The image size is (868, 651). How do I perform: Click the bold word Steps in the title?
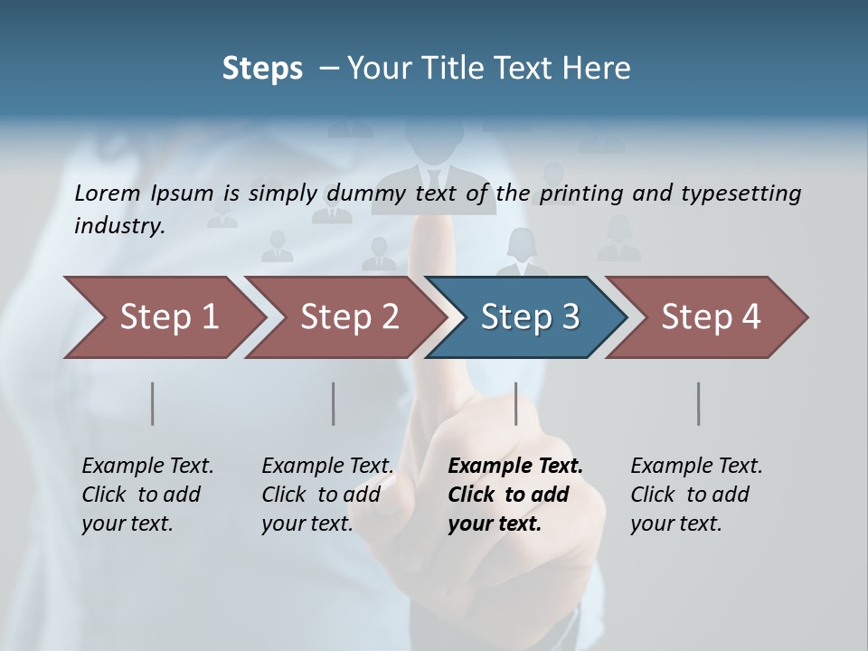click(262, 69)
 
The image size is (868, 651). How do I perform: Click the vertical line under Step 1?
click(153, 403)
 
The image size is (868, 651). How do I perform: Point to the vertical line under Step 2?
click(334, 403)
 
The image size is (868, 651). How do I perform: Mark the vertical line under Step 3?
click(516, 403)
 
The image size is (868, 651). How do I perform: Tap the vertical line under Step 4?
click(699, 403)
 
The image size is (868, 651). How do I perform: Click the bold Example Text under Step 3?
click(515, 467)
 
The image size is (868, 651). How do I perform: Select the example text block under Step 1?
click(147, 495)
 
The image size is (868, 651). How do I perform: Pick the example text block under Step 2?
click(327, 495)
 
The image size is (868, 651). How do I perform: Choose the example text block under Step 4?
click(696, 495)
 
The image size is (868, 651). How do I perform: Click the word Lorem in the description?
click(108, 193)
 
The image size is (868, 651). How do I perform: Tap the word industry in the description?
click(119, 226)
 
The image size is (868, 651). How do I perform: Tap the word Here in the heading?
click(600, 69)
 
